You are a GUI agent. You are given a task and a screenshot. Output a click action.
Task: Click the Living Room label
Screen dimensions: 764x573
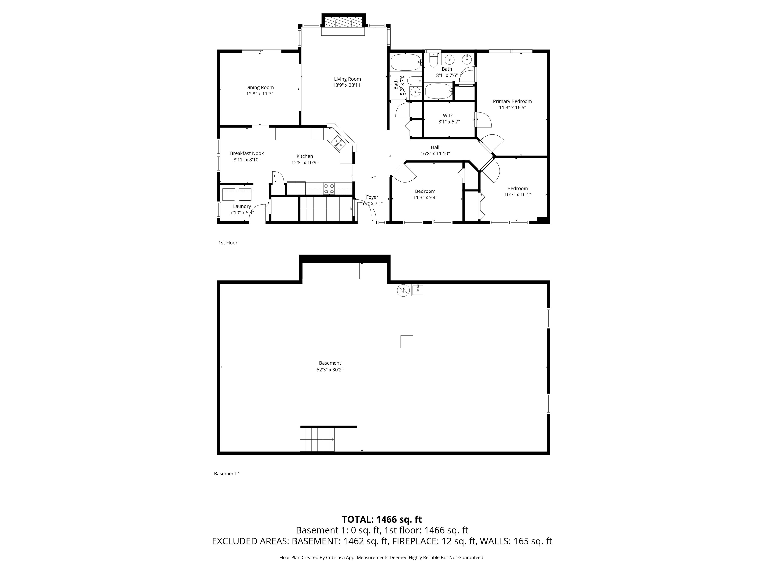[347, 79]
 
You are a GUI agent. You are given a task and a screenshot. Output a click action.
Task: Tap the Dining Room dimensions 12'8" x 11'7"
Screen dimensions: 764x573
[260, 94]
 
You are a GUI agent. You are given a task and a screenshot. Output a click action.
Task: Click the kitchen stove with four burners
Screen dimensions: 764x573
[329, 189]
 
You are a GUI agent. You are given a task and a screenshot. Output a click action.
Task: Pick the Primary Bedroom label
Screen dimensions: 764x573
[512, 101]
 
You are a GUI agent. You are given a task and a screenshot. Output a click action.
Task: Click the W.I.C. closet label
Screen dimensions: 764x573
[449, 116]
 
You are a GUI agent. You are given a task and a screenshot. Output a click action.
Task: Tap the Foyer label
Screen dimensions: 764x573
[372, 197]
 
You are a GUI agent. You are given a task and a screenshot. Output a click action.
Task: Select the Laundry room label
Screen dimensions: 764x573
[242, 206]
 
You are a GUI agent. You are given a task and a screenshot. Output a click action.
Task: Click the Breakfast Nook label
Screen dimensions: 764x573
[247, 154]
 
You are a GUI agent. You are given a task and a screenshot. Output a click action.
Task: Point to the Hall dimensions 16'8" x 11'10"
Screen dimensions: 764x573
[435, 154]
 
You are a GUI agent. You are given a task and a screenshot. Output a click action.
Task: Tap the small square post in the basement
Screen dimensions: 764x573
[407, 342]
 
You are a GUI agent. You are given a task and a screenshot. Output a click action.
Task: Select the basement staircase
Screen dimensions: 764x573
[317, 439]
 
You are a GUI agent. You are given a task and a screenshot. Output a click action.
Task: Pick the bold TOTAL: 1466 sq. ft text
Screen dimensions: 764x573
[382, 520]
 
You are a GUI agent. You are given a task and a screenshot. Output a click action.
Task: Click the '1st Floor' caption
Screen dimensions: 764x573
[228, 243]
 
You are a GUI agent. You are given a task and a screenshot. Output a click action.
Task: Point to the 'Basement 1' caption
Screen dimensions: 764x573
[227, 474]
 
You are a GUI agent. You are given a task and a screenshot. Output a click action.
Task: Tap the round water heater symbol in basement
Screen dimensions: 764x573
[403, 290]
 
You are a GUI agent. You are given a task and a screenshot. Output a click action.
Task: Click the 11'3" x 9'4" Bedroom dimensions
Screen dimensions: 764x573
[425, 197]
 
